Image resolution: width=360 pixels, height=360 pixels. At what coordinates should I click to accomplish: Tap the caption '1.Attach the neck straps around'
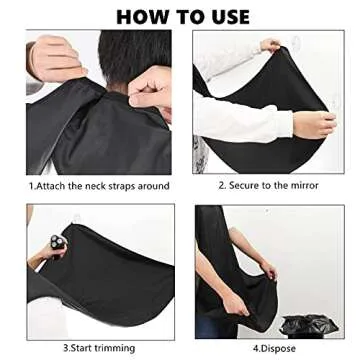[100, 185]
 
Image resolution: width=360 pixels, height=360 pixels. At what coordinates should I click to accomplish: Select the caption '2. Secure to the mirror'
[268, 185]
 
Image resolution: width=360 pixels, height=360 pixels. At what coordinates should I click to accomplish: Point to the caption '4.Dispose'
[267, 347]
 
